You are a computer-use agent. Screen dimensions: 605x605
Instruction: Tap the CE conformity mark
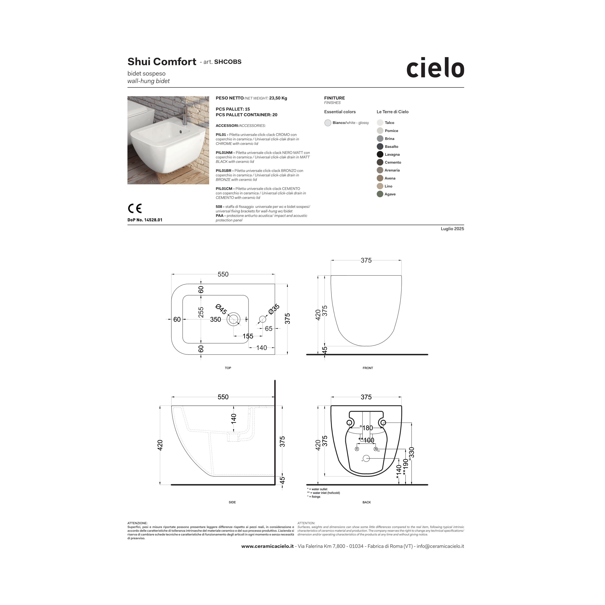click(135, 208)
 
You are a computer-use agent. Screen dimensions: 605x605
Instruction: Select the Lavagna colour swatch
click(380, 154)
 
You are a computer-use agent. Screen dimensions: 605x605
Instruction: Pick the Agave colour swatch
click(380, 194)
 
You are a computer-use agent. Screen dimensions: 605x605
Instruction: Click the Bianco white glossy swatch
click(328, 123)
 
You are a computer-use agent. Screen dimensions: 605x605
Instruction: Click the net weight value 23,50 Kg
click(278, 98)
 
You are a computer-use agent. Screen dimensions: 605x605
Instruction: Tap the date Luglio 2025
click(452, 229)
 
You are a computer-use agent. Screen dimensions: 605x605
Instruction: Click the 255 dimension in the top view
click(201, 312)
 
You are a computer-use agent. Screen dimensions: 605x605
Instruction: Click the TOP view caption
click(228, 368)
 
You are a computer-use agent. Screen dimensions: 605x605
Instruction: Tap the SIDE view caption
click(232, 502)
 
